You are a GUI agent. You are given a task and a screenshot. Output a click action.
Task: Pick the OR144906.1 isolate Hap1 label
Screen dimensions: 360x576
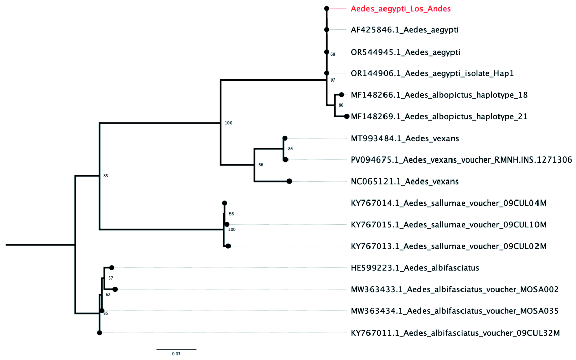(432, 73)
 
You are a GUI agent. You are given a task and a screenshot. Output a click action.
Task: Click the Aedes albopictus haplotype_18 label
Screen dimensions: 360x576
(439, 95)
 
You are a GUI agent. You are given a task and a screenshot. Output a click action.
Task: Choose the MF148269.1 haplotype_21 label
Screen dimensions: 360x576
(439, 116)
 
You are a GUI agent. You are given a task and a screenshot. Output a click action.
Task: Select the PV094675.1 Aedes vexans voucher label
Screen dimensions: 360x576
(461, 160)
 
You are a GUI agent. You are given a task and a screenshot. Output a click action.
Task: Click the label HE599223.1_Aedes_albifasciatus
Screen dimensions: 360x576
(415, 268)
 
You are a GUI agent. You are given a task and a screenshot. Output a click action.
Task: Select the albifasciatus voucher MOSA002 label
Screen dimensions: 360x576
(454, 290)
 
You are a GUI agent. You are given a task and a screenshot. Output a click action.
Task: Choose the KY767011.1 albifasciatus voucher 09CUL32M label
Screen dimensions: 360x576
(455, 333)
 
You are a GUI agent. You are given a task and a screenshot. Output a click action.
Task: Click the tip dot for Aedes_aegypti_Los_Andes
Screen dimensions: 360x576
(327, 9)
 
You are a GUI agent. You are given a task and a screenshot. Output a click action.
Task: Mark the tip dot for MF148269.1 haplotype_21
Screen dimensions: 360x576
(347, 116)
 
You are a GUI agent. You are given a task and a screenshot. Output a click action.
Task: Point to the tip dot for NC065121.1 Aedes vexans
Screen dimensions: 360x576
(289, 181)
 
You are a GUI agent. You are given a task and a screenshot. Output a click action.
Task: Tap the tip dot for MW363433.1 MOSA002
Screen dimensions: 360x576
(115, 290)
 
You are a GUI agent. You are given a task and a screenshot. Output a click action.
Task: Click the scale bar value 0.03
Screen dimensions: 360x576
(176, 354)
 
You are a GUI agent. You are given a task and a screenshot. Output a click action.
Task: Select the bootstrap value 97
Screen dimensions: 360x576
(333, 80)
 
